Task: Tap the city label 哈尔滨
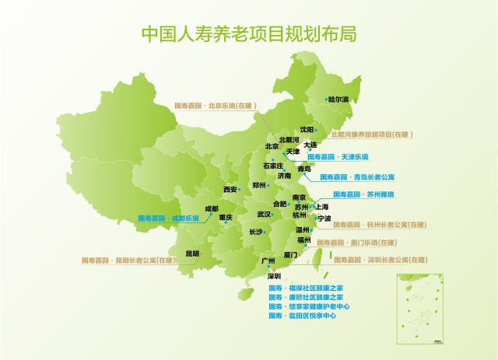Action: (x=338, y=100)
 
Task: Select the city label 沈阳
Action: (x=307, y=129)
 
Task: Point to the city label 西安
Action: (x=230, y=189)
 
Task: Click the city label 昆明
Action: (x=192, y=253)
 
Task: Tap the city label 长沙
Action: (x=256, y=232)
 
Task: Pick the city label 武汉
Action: (x=264, y=214)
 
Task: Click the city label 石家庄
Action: (x=273, y=166)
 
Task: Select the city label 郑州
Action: (x=260, y=185)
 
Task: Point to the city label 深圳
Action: (x=273, y=276)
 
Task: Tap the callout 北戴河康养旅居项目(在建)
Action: (x=370, y=135)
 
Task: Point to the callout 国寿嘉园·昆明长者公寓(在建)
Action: (x=129, y=260)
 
